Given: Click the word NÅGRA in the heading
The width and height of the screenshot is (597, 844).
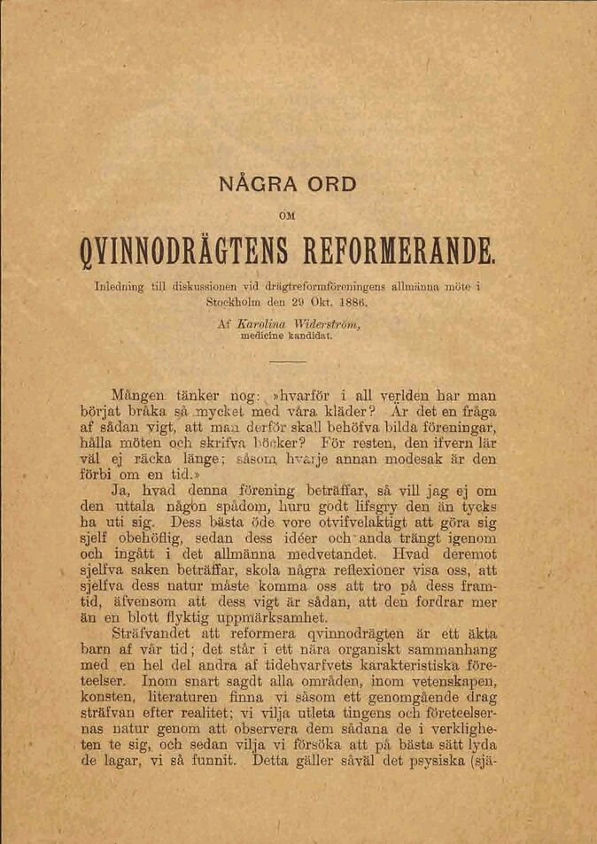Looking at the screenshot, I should [x=253, y=185].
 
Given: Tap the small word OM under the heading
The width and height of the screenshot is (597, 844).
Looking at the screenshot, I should [x=286, y=213].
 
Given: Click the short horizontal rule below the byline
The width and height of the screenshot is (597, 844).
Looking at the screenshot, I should [x=285, y=361].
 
